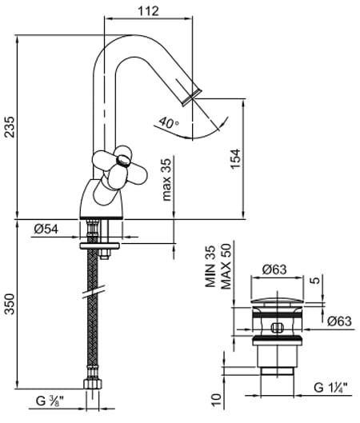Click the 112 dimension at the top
[x=149, y=11]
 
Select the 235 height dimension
[x=9, y=127]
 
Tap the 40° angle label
[x=169, y=122]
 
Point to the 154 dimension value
[x=235, y=158]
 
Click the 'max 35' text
[x=167, y=180]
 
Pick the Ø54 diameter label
[x=46, y=229]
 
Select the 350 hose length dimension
[x=10, y=305]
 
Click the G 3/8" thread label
[x=50, y=401]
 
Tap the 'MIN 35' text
[x=210, y=266]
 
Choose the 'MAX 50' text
[x=226, y=266]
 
